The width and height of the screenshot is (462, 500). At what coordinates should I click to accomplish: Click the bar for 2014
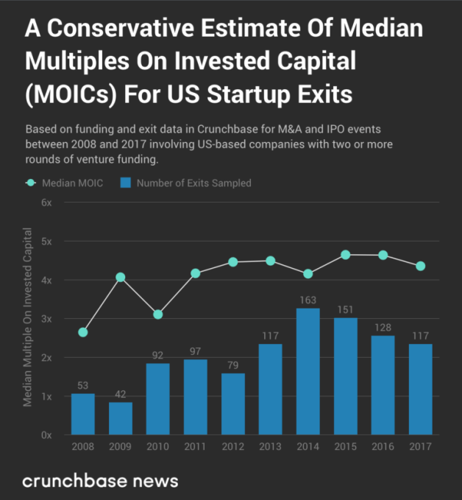point(308,371)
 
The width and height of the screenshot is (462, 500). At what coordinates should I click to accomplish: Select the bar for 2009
point(121,418)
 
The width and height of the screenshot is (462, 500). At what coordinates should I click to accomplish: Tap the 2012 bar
point(232,404)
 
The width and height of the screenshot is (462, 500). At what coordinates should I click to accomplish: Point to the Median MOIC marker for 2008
point(83,332)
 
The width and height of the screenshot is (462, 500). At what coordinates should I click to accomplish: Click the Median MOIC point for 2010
point(158,314)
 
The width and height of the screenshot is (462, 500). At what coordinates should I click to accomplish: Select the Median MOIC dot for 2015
point(345,255)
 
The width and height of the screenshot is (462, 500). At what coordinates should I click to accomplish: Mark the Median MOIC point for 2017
point(420,266)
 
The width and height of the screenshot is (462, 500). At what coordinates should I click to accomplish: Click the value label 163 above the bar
point(308,300)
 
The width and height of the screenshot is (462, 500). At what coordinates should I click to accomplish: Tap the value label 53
point(83,386)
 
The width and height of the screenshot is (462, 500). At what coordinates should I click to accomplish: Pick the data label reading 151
point(345,310)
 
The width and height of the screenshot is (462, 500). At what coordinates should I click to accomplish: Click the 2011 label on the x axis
point(195,447)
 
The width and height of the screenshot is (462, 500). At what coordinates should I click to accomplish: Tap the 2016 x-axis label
point(383,447)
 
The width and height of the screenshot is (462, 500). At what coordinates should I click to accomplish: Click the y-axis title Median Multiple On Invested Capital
point(28,317)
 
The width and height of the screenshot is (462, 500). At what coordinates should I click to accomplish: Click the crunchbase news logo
point(100,481)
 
